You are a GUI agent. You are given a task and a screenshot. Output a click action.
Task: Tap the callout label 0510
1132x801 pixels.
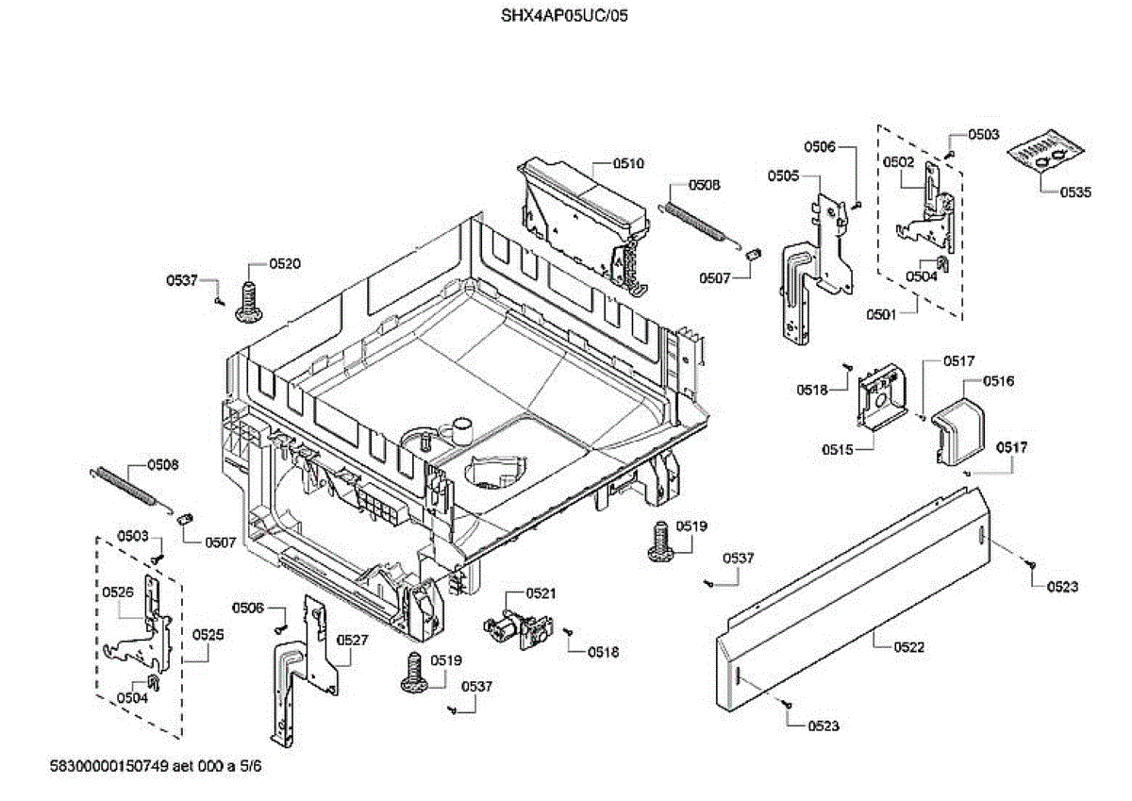pos(628,163)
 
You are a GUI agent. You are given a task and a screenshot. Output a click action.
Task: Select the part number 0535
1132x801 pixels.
pos(1075,192)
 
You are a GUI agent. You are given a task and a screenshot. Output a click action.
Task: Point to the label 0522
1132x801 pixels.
pos(910,647)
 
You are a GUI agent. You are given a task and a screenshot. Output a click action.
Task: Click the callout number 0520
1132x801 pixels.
pos(285,264)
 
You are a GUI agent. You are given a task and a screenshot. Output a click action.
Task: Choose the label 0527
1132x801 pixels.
pos(353,640)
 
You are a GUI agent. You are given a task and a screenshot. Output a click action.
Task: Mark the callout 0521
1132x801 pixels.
pos(541,592)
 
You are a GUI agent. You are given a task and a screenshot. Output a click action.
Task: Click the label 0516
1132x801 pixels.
pos(998,381)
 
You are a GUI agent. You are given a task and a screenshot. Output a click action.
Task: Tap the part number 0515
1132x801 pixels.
pos(837,450)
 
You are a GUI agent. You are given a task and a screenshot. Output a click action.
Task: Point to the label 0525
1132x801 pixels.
pos(209,635)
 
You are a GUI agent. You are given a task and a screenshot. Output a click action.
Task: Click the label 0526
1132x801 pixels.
pos(118,592)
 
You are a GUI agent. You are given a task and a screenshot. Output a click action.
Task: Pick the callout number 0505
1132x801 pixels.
pos(783,175)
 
